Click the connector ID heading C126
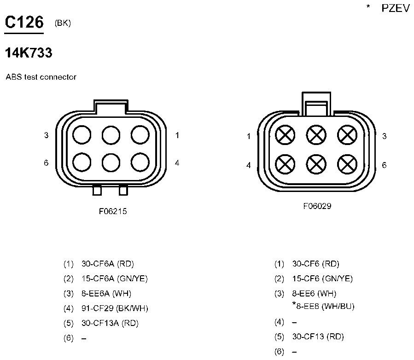(24, 22)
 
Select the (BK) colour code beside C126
(63, 23)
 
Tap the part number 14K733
(29, 52)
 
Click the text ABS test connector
(41, 77)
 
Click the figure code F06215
(113, 211)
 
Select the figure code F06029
(317, 206)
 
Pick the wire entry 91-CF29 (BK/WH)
(115, 308)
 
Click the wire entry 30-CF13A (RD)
(110, 323)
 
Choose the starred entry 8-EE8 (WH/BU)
(323, 306)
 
